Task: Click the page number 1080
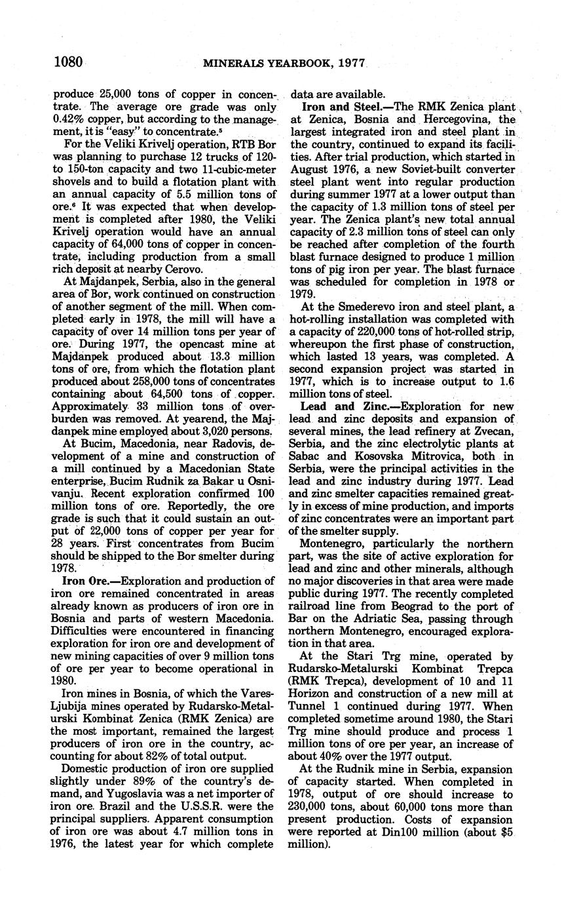point(68,63)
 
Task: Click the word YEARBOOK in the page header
point(293,64)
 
